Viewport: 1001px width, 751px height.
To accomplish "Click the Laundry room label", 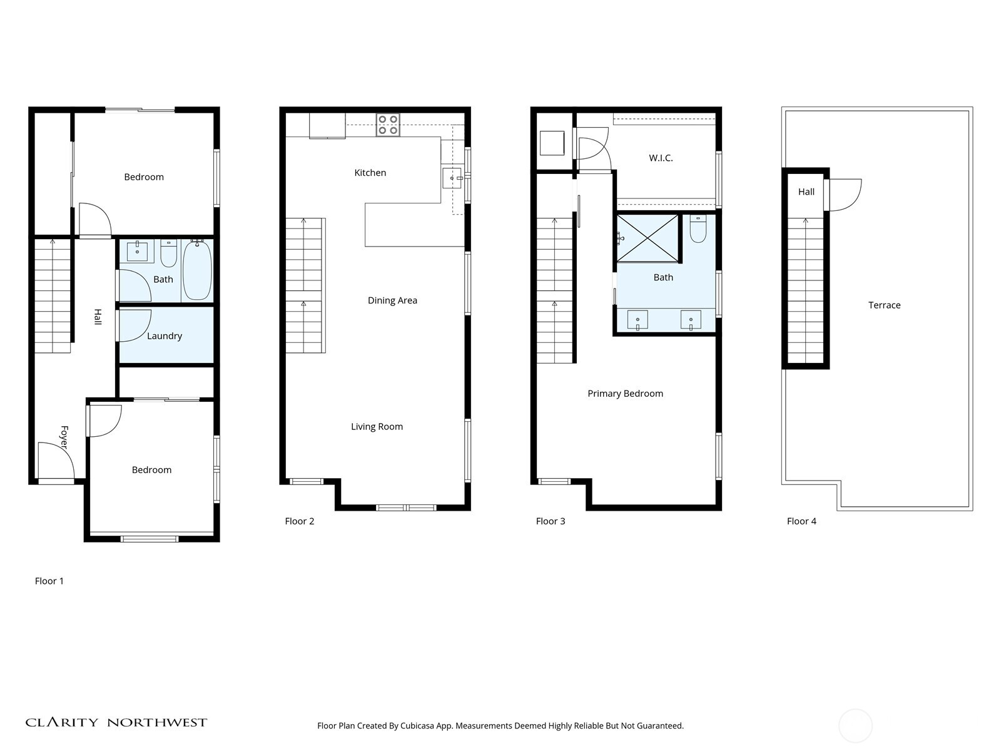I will click(x=164, y=336).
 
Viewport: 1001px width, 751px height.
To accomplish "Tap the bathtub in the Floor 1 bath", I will click(x=198, y=270).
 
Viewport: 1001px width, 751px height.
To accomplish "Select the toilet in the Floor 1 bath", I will click(x=169, y=253).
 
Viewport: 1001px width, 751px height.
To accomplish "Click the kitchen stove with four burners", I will click(x=388, y=125).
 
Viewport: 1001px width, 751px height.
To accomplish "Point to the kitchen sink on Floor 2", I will click(x=452, y=178).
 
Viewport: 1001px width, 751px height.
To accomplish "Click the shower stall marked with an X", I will click(x=648, y=238).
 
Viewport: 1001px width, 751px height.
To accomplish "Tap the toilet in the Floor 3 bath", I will click(x=698, y=229).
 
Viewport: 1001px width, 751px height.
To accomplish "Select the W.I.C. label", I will click(x=661, y=158).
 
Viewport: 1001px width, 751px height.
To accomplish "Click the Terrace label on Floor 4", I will click(x=884, y=305).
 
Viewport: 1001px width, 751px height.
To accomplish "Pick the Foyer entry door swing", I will click(x=55, y=462).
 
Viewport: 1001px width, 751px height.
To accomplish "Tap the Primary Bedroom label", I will click(x=625, y=394).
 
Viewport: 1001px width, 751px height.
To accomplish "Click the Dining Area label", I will click(x=392, y=300).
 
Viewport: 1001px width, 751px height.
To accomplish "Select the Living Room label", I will click(x=377, y=427).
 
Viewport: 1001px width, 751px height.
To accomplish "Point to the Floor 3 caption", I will click(x=551, y=521).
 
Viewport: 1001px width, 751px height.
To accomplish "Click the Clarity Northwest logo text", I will click(x=116, y=723).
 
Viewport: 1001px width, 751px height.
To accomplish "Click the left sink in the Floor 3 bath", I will click(x=638, y=320).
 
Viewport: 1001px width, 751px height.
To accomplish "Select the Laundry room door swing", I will click(x=133, y=325).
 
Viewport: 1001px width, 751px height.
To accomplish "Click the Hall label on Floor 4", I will click(x=806, y=192).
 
